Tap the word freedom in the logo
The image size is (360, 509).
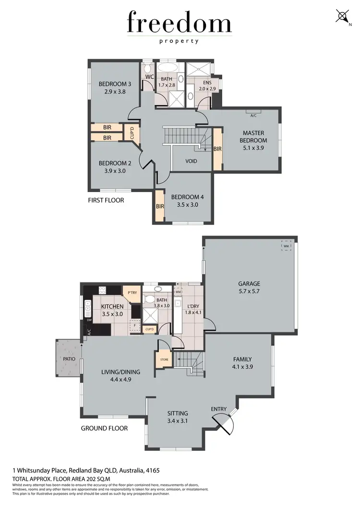[179, 23]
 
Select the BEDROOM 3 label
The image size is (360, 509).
[115, 88]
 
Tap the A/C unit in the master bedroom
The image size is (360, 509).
[253, 115]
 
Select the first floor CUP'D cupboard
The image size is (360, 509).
[129, 133]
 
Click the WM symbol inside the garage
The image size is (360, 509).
[286, 246]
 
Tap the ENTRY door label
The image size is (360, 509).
[219, 409]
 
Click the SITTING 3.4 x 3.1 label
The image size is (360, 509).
[177, 417]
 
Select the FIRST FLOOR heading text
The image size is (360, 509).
[106, 200]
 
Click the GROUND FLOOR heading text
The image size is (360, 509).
[104, 428]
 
